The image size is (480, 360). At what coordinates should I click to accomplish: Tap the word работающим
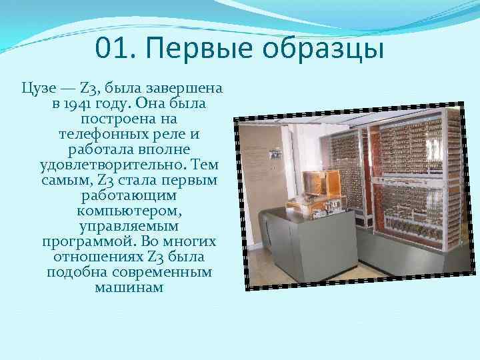[x=128, y=196]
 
